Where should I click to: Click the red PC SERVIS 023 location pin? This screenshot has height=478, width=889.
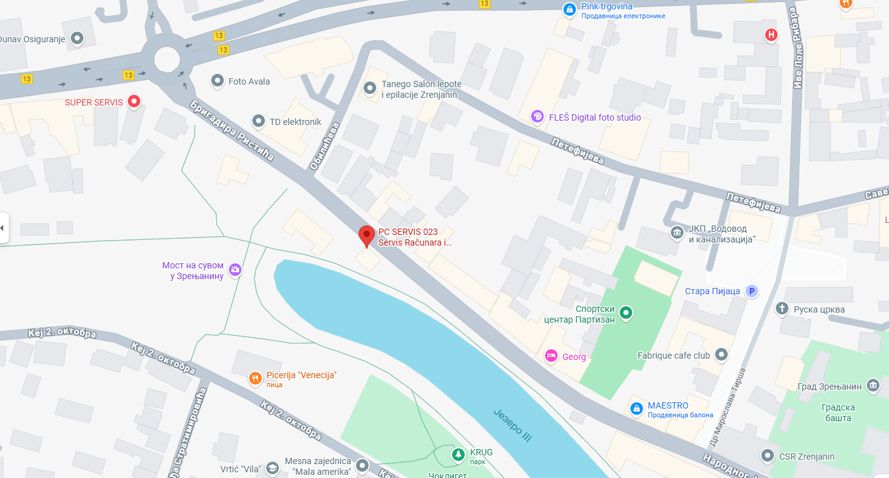point(367,236)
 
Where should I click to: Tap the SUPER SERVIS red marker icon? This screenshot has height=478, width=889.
point(133,101)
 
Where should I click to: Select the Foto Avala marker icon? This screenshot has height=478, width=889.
point(218,81)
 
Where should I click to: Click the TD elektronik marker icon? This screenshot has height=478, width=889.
point(259,121)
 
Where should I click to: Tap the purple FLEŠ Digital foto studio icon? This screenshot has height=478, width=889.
point(537,117)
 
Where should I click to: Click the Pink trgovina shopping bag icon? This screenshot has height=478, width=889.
point(570,9)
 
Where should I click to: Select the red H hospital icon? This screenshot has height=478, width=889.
point(771,35)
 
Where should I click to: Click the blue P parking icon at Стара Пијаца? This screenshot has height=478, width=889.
point(751,291)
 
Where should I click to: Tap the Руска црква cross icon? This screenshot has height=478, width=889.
point(782,309)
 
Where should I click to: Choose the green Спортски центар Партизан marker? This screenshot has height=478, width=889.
point(625,312)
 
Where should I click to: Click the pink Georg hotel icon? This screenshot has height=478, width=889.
point(551,356)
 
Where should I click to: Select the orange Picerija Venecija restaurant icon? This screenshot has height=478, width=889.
point(255,378)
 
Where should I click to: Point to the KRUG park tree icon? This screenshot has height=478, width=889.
point(457,453)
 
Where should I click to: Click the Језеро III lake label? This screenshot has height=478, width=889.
point(513,427)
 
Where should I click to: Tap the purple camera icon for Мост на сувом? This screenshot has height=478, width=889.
point(235,270)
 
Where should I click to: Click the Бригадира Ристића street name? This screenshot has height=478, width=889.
point(232,130)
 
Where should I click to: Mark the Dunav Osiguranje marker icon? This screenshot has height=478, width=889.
point(77,39)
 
